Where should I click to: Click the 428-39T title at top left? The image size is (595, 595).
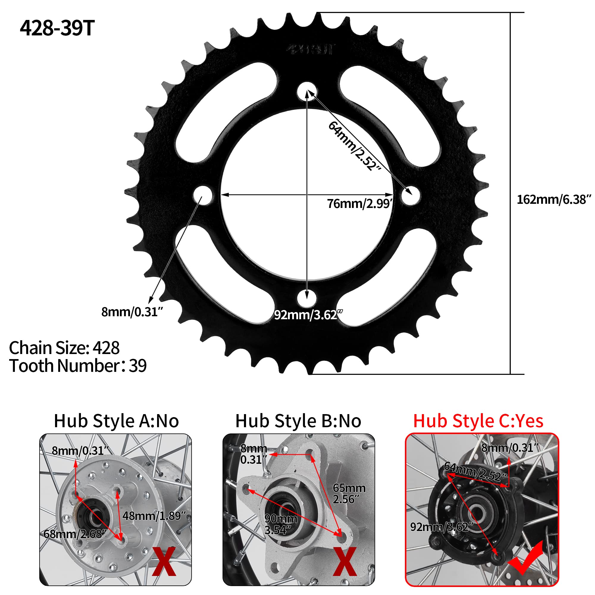57,28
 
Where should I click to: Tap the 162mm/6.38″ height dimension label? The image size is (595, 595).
553,200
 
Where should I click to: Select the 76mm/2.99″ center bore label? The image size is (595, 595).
359,203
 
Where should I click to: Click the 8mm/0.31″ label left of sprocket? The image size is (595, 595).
132,312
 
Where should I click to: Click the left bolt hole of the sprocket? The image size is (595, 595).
203,195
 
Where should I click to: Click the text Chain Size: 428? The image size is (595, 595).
64,348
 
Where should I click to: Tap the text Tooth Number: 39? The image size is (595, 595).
78,366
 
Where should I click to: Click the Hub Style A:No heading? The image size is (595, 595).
116,421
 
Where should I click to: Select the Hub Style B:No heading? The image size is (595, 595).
298,421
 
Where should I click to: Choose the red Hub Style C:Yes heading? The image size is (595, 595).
478,421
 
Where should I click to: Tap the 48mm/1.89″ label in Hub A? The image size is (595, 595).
154,516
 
